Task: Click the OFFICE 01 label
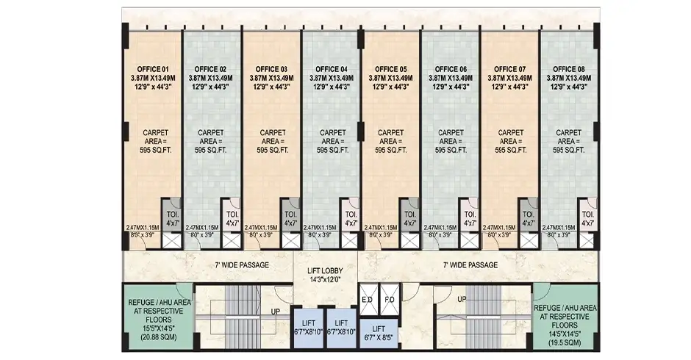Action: [151, 69]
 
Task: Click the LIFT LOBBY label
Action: [326, 274]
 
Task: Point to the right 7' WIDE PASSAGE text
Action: [470, 264]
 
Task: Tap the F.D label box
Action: [390, 300]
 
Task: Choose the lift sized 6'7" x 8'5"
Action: [379, 334]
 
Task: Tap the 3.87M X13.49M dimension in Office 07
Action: [509, 78]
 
